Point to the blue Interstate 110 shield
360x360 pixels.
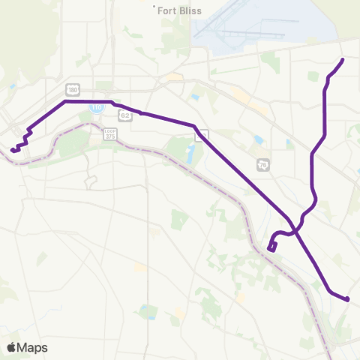click(96, 107)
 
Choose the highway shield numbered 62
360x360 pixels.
click(124, 115)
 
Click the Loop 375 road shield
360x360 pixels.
click(110, 133)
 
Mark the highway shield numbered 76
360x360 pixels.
click(262, 164)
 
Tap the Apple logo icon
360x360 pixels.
click(12, 347)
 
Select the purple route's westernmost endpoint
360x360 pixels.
click(13, 149)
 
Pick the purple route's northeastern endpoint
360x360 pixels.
click(342, 59)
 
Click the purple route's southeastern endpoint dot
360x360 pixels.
click(348, 300)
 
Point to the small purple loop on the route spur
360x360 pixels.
click(272, 245)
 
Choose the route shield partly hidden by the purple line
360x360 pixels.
click(202, 135)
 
